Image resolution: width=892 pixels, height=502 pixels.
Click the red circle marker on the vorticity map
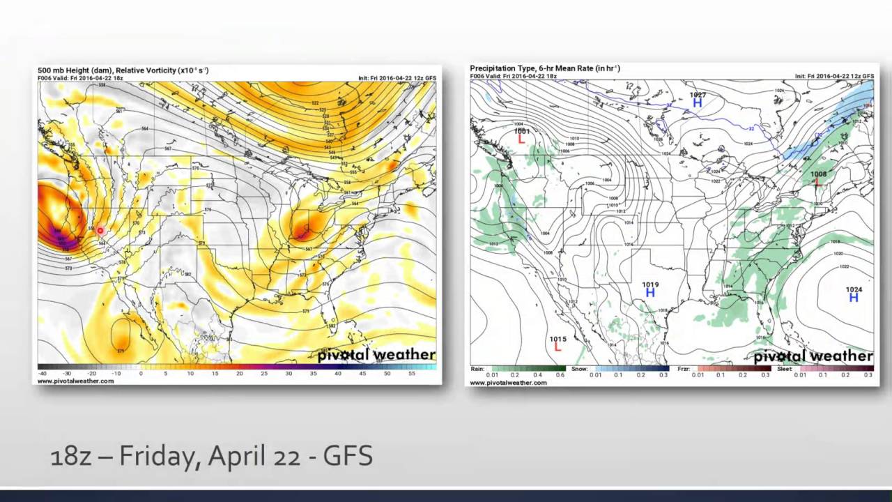[x=100, y=230]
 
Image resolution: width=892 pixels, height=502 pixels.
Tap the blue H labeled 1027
[x=697, y=103]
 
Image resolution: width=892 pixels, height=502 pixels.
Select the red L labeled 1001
[x=521, y=139]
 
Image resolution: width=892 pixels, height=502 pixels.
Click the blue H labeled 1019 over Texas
[x=650, y=293]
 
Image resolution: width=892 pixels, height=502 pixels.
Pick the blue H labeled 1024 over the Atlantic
[x=854, y=298]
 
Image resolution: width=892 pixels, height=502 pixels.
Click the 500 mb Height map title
[x=123, y=70]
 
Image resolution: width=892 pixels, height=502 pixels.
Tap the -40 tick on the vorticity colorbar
[x=43, y=374]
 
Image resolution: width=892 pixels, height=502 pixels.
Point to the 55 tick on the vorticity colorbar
[x=412, y=374]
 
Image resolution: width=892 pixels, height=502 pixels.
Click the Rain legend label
[x=477, y=369]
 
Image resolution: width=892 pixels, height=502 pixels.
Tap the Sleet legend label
[x=785, y=369]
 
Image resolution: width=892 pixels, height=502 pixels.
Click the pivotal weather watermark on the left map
[x=376, y=355]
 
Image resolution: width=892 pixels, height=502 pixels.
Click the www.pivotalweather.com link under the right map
[x=508, y=383]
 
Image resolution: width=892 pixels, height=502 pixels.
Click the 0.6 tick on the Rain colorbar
[x=560, y=375]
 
